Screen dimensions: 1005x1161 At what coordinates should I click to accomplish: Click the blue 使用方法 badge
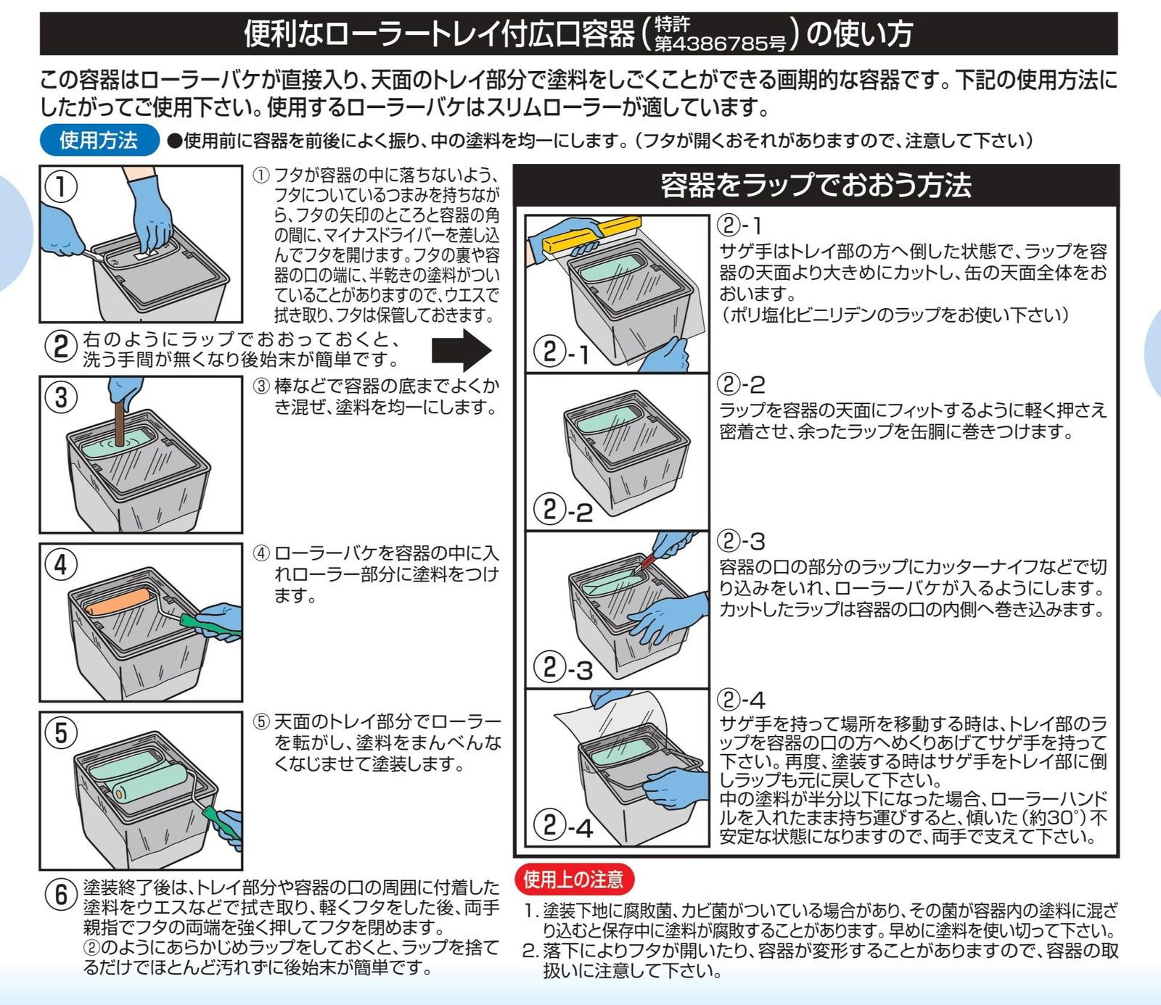99,140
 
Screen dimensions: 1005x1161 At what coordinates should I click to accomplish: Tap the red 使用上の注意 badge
573,880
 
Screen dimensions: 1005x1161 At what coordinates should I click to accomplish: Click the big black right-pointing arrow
461,350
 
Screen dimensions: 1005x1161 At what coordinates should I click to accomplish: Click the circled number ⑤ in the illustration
61,732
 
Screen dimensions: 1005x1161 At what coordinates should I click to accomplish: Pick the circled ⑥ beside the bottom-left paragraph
61,894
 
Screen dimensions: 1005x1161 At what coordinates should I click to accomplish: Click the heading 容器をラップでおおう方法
816,185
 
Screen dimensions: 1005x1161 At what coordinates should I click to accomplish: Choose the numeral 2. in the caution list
530,951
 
